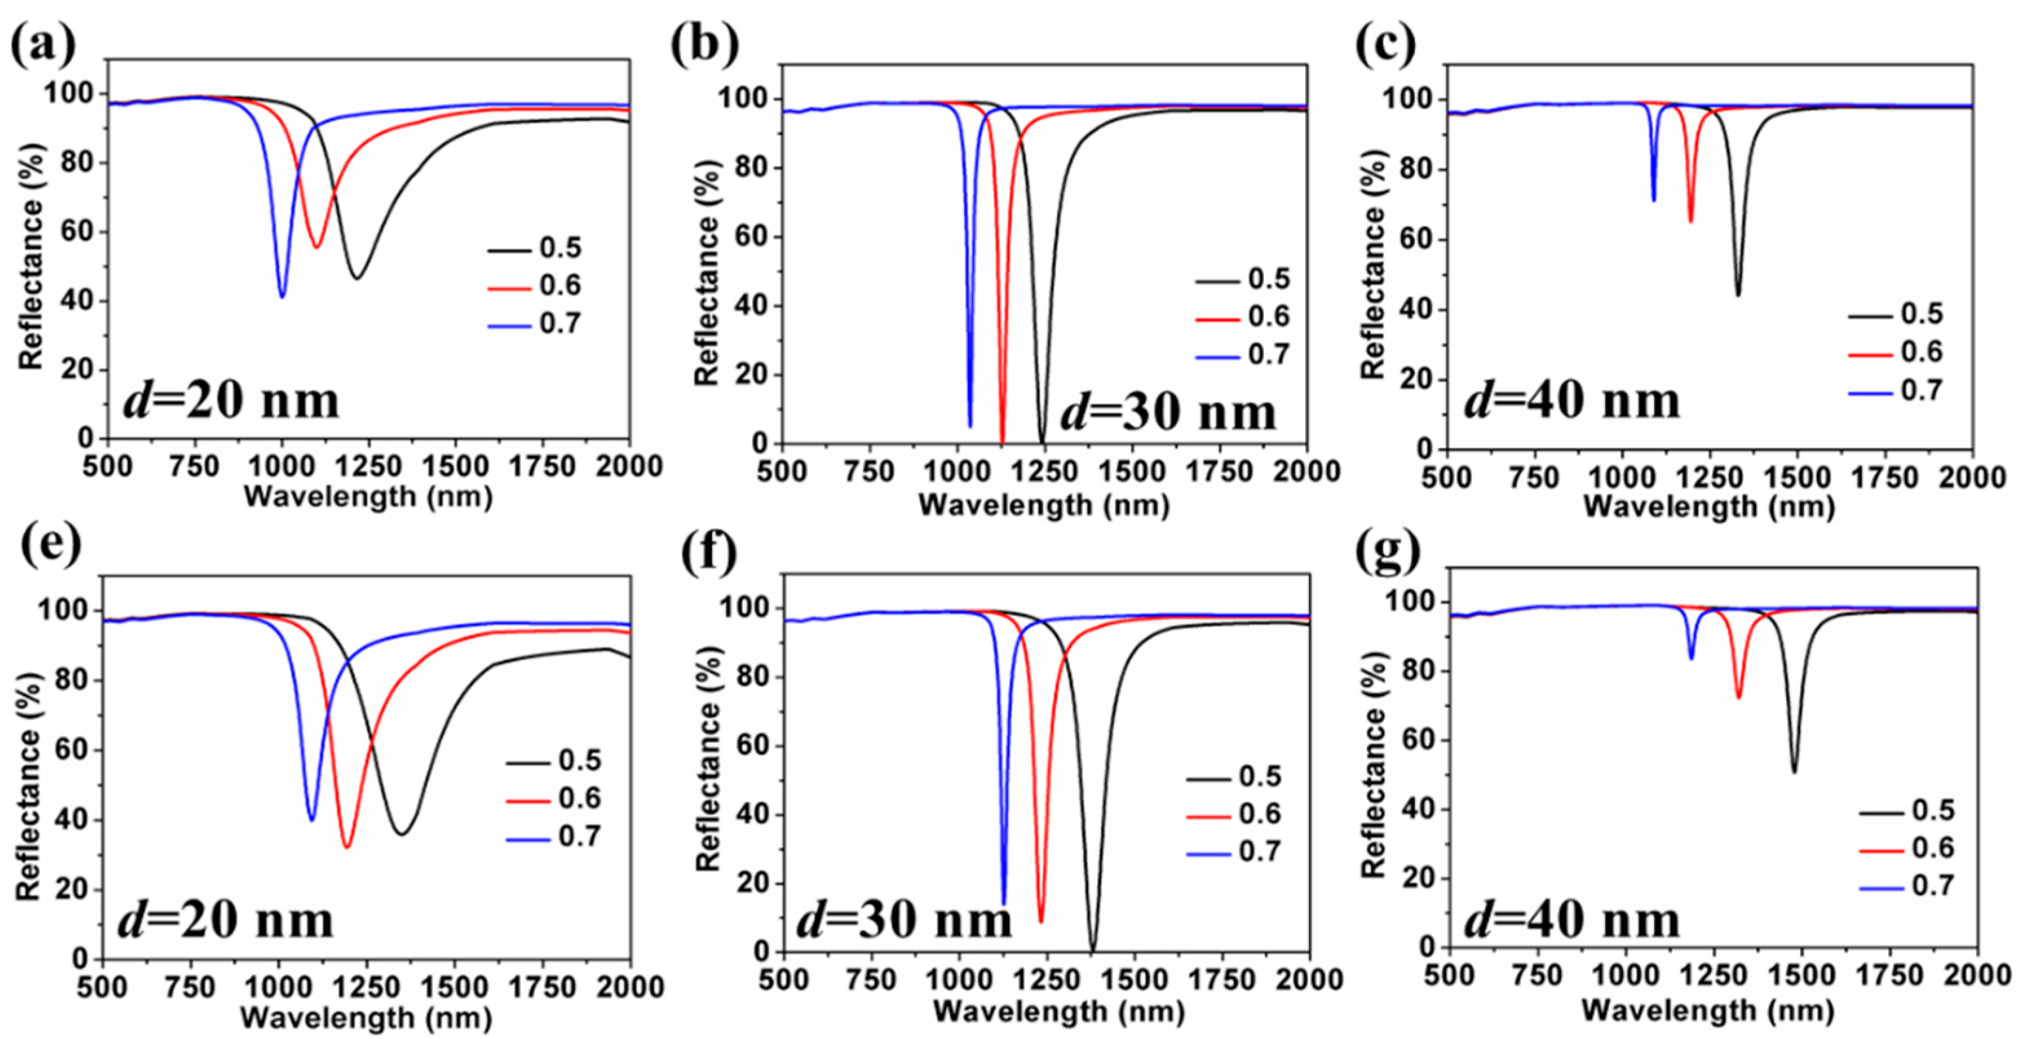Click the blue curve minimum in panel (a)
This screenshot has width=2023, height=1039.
pyautogui.click(x=282, y=296)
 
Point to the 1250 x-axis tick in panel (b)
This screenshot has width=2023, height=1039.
pyautogui.click(x=1043, y=471)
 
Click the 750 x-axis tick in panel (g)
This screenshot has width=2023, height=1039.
pyautogui.click(x=1537, y=976)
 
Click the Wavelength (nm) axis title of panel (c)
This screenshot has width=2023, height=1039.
pyautogui.click(x=1709, y=507)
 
